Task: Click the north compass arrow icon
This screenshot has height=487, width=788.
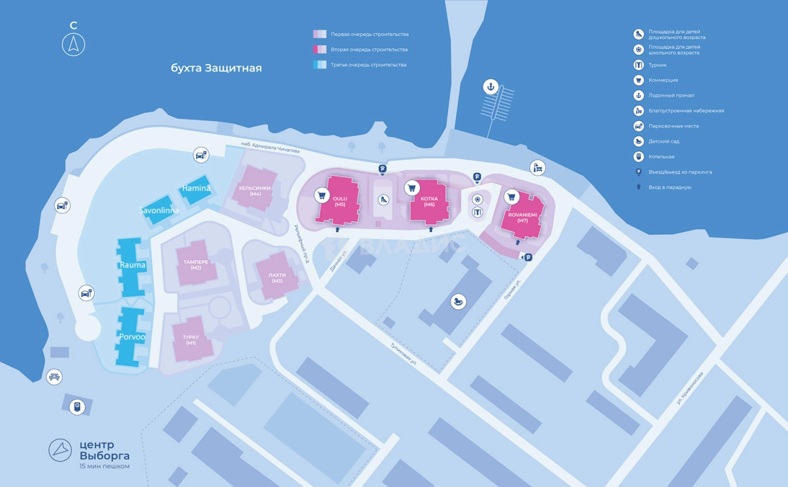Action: pyautogui.click(x=74, y=45)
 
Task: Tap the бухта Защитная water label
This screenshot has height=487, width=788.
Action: pyautogui.click(x=216, y=68)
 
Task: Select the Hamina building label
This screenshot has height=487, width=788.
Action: pyautogui.click(x=196, y=188)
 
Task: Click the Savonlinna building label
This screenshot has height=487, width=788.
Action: pyautogui.click(x=159, y=211)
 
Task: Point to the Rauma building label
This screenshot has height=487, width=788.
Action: pyautogui.click(x=133, y=265)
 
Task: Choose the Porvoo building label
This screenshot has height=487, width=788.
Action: pyautogui.click(x=132, y=337)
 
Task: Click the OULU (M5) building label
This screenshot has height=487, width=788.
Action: pyautogui.click(x=340, y=202)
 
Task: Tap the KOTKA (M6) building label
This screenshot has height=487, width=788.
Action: pyautogui.click(x=429, y=202)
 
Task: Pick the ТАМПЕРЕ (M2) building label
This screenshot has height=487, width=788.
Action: pyautogui.click(x=196, y=265)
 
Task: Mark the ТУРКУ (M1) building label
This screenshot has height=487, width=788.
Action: pyautogui.click(x=190, y=340)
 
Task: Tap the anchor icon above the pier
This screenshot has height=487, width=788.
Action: pyautogui.click(x=490, y=87)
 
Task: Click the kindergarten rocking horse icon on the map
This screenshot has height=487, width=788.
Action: pyautogui.click(x=459, y=302)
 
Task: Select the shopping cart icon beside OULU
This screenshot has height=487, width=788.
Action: pyautogui.click(x=322, y=195)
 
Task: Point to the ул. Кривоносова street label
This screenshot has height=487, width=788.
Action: pyautogui.click(x=689, y=388)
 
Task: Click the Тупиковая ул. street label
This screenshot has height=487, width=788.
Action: pyautogui.click(x=403, y=354)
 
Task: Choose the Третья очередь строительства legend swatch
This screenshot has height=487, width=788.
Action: pyautogui.click(x=320, y=65)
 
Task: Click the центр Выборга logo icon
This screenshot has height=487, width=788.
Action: pyautogui.click(x=60, y=450)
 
